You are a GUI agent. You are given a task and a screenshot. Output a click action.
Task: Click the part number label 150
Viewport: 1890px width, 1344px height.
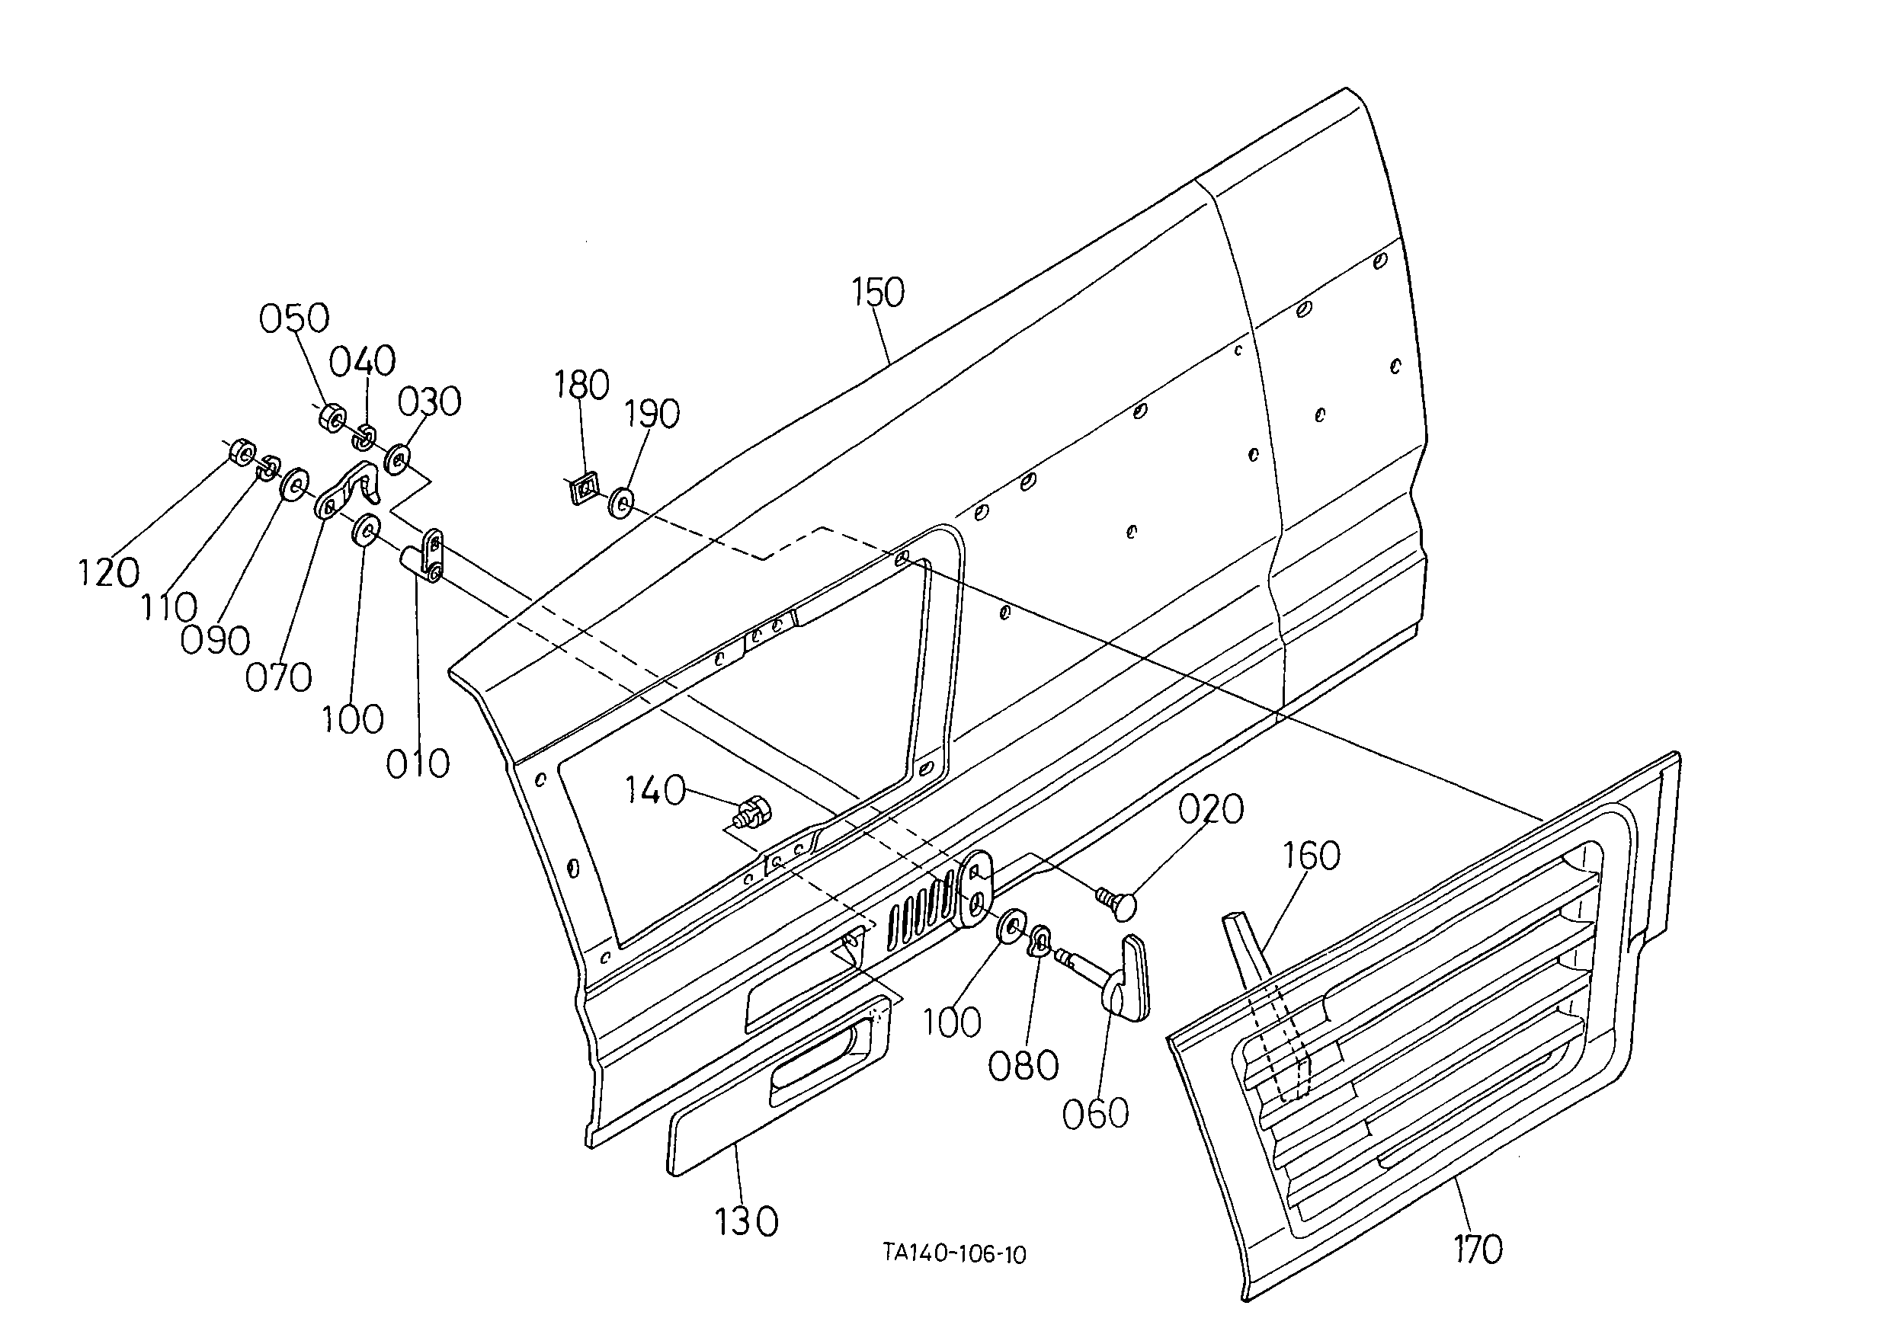pyautogui.click(x=879, y=293)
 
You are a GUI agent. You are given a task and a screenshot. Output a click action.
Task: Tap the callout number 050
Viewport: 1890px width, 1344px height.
pyautogui.click(x=295, y=318)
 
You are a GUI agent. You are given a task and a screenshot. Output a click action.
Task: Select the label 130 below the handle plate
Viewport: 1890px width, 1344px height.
pyautogui.click(x=746, y=1221)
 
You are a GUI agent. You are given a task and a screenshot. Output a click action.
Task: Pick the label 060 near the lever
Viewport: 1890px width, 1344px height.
pyautogui.click(x=1096, y=1114)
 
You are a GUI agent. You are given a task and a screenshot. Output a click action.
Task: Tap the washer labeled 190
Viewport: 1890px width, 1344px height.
pyautogui.click(x=621, y=503)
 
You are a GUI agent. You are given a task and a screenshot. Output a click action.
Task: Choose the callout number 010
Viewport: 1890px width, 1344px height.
pyautogui.click(x=418, y=763)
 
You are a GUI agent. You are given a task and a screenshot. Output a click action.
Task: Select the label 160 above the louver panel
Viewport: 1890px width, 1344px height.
pyautogui.click(x=1312, y=856)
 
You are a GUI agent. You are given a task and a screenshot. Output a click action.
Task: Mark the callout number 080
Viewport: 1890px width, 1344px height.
pyautogui.click(x=1023, y=1067)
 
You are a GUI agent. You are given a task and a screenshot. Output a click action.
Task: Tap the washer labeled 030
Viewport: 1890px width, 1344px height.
pyautogui.click(x=399, y=459)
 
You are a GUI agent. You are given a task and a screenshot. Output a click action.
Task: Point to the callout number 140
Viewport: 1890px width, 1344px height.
pyautogui.click(x=654, y=790)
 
